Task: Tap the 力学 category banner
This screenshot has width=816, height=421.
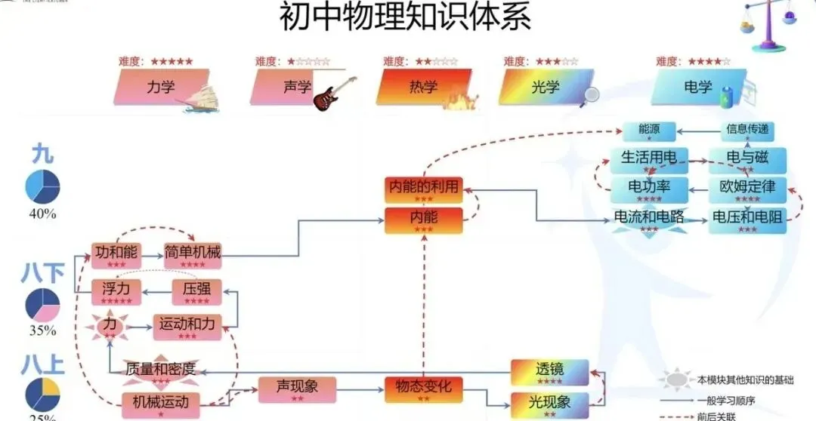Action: tap(160, 87)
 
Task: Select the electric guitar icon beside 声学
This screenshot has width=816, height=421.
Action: tap(333, 93)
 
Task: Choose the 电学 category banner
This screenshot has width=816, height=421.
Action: tap(697, 87)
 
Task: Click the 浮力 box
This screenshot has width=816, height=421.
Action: tap(116, 290)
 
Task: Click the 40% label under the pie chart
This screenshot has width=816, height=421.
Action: tap(43, 214)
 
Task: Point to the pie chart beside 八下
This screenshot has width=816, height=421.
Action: tap(43, 303)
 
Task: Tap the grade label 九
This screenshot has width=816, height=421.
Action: tap(42, 155)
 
